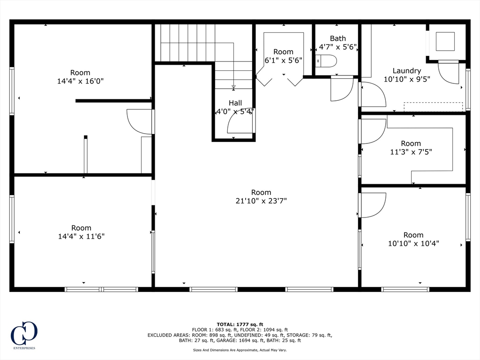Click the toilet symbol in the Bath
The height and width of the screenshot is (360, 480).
(326, 61)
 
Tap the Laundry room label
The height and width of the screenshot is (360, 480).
(406, 71)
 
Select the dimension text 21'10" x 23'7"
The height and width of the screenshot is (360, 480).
(261, 201)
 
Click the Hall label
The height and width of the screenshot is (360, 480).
(235, 103)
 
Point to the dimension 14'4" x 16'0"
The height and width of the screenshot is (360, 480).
(80, 81)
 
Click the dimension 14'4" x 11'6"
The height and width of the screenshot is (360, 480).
(81, 237)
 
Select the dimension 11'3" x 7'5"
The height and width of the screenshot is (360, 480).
(411, 152)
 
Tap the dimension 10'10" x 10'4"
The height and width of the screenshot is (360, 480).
(413, 243)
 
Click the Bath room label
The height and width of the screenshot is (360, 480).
(337, 38)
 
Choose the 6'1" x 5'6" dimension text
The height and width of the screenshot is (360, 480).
(283, 60)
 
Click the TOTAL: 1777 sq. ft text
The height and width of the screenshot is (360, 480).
(240, 324)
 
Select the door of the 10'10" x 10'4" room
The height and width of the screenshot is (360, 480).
(373, 205)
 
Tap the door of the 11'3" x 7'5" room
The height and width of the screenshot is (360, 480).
(373, 131)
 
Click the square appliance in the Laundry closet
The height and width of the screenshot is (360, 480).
(445, 41)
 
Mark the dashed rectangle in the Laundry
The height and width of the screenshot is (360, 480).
(433, 107)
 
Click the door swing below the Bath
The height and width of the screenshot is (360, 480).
(342, 89)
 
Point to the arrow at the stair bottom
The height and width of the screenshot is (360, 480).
(233, 87)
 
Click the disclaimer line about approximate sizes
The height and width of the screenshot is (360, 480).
(240, 350)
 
